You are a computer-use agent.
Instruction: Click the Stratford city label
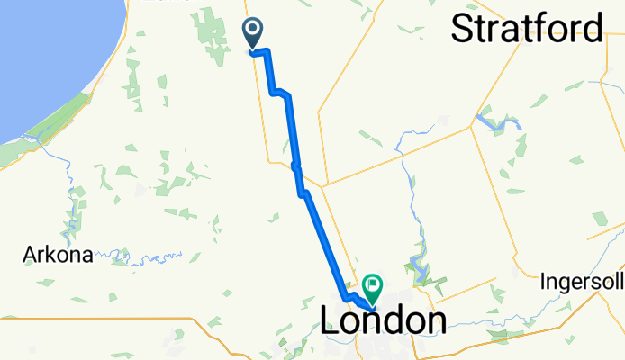(x=526, y=29)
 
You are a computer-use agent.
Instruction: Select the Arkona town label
(x=58, y=256)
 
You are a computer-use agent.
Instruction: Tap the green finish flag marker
(x=371, y=287)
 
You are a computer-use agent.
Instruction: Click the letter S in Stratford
(x=461, y=29)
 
